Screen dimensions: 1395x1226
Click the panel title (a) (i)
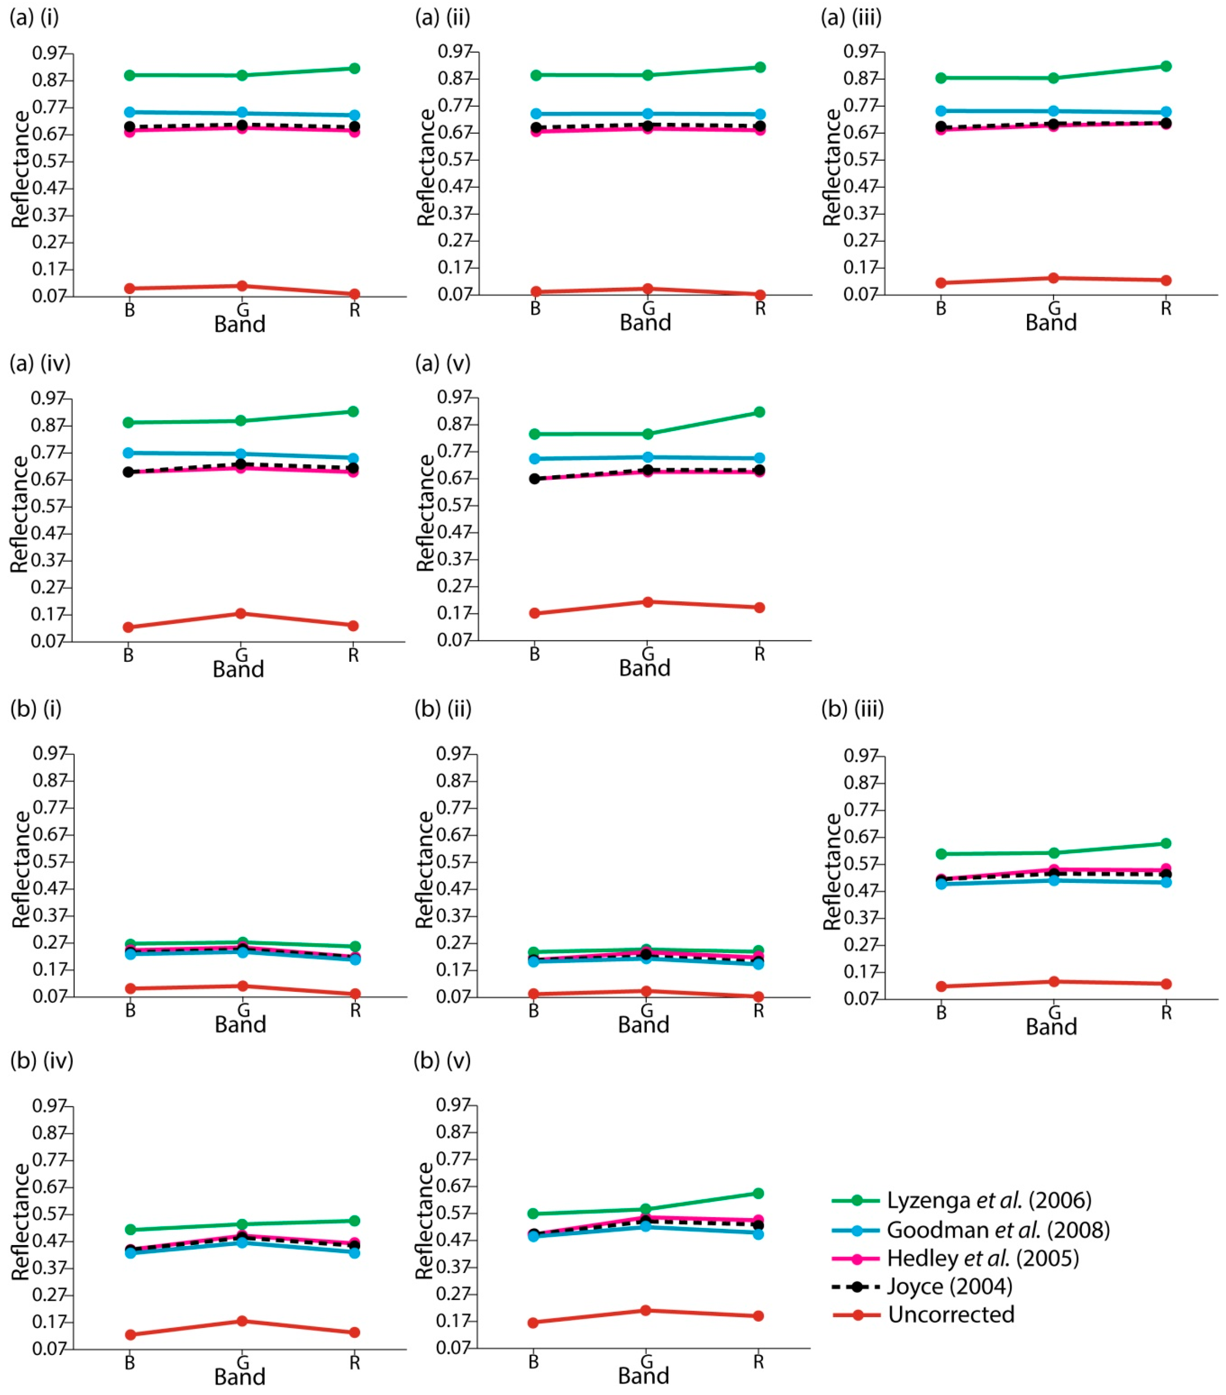pyautogui.click(x=34, y=17)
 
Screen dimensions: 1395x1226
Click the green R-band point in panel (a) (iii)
pyautogui.click(x=1166, y=66)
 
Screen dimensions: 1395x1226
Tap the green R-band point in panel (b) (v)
pyautogui.click(x=758, y=1193)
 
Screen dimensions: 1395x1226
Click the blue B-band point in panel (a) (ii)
pyautogui.click(x=536, y=114)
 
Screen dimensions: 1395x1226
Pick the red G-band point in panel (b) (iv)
pyautogui.click(x=242, y=1321)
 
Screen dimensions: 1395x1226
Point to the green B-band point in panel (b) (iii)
pyautogui.click(x=942, y=854)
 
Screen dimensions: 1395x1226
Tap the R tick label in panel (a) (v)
pyautogui.click(x=759, y=654)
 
